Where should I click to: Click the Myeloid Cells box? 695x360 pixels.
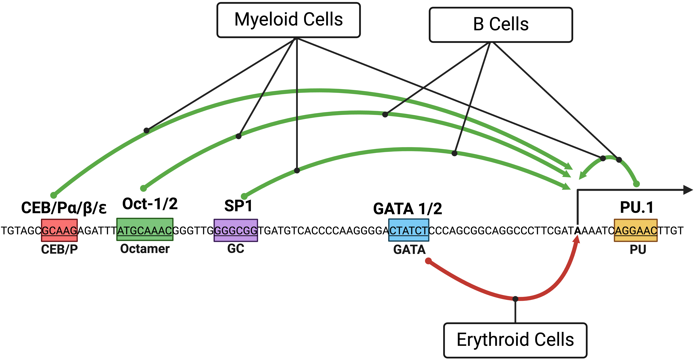(x=288, y=20)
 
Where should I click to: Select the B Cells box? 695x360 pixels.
(x=501, y=25)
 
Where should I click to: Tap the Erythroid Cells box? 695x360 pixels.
(x=515, y=340)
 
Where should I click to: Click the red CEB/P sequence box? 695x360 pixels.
(x=59, y=230)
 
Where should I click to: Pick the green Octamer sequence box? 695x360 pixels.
(x=145, y=229)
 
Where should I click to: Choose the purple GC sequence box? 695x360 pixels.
(x=236, y=230)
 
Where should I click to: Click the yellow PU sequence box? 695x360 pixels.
(x=636, y=230)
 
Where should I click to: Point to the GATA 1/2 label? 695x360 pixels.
(x=408, y=209)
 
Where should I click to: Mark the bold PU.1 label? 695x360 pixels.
(x=637, y=207)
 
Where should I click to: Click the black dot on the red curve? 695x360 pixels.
(x=515, y=299)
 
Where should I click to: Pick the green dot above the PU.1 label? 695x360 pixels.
(x=636, y=184)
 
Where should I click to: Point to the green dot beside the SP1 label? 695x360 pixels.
(x=244, y=196)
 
